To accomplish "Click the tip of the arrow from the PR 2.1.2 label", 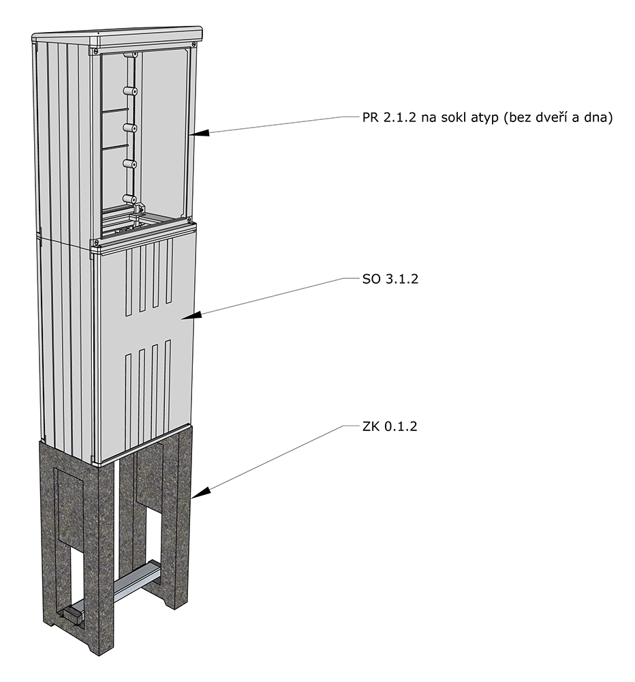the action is pos(190,134).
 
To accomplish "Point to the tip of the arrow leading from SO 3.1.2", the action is pos(181,318).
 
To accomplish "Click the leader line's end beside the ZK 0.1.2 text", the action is pos(357,426).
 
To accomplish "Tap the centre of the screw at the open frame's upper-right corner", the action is pos(191,44).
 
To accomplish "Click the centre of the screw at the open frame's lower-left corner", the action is pos(93,243).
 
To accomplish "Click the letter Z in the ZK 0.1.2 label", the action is pos(367,426).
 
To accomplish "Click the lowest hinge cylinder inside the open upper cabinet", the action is pos(130,198).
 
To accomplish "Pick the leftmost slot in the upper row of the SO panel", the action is pos(128,283).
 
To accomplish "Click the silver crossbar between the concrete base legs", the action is pos(135,580).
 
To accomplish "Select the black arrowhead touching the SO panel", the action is pos(191,316).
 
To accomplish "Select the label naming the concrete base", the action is pos(390,426).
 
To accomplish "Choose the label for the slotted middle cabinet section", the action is pos(390,279).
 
